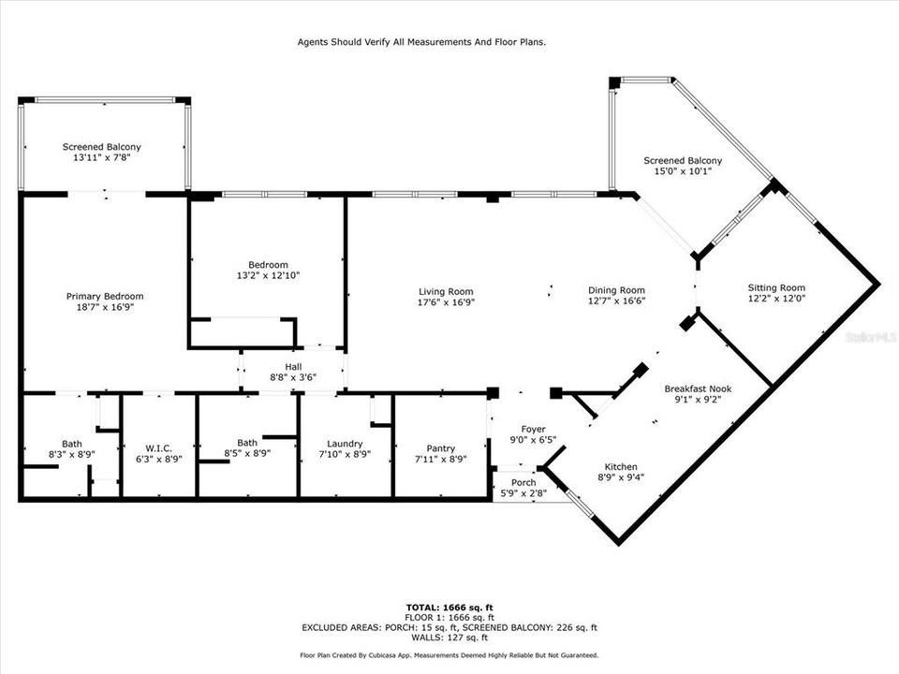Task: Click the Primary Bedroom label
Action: click(104, 296)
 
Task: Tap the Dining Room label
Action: click(615, 290)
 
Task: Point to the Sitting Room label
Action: click(776, 287)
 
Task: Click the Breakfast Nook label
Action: click(698, 388)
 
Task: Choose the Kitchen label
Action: click(620, 466)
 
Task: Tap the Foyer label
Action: click(533, 429)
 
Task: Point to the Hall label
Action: click(293, 366)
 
